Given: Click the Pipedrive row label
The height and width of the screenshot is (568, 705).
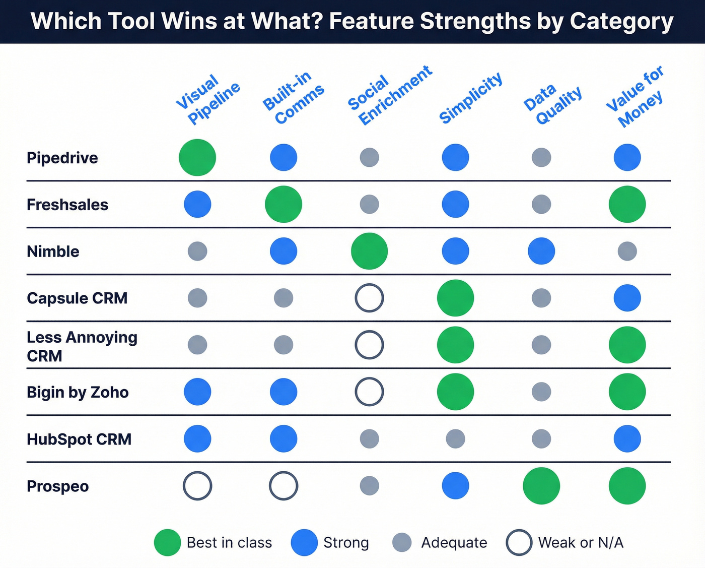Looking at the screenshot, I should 62,158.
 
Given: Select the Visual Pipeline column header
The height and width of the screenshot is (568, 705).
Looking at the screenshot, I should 207,99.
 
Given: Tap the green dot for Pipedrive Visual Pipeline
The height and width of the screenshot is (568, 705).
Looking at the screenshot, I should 197,158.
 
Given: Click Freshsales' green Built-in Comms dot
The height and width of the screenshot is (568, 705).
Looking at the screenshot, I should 284,204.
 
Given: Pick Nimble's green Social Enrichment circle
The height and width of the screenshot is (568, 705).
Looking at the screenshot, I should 369,251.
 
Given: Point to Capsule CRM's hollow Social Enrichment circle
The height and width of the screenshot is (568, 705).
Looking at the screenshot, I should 369,298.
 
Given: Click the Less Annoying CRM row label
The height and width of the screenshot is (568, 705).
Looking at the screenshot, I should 82,346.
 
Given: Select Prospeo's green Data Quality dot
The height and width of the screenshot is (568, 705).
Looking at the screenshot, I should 541,486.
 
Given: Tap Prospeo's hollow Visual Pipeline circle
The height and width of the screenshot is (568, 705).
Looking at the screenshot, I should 197,486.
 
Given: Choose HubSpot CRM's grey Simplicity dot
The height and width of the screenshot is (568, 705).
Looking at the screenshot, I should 455,439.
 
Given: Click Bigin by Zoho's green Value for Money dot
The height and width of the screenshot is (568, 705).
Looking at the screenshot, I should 627,392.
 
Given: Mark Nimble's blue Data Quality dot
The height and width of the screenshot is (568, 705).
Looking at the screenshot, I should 541,251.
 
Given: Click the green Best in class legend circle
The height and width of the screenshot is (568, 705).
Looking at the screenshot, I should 167,543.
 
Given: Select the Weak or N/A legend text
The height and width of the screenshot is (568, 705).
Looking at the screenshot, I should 581,543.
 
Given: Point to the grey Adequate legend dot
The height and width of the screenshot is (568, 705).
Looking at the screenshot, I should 402,543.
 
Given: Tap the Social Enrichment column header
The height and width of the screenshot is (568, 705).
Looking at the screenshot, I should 390,96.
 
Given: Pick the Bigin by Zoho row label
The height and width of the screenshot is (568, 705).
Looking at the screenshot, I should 78,392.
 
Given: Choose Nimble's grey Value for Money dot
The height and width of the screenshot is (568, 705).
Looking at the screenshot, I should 627,251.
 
